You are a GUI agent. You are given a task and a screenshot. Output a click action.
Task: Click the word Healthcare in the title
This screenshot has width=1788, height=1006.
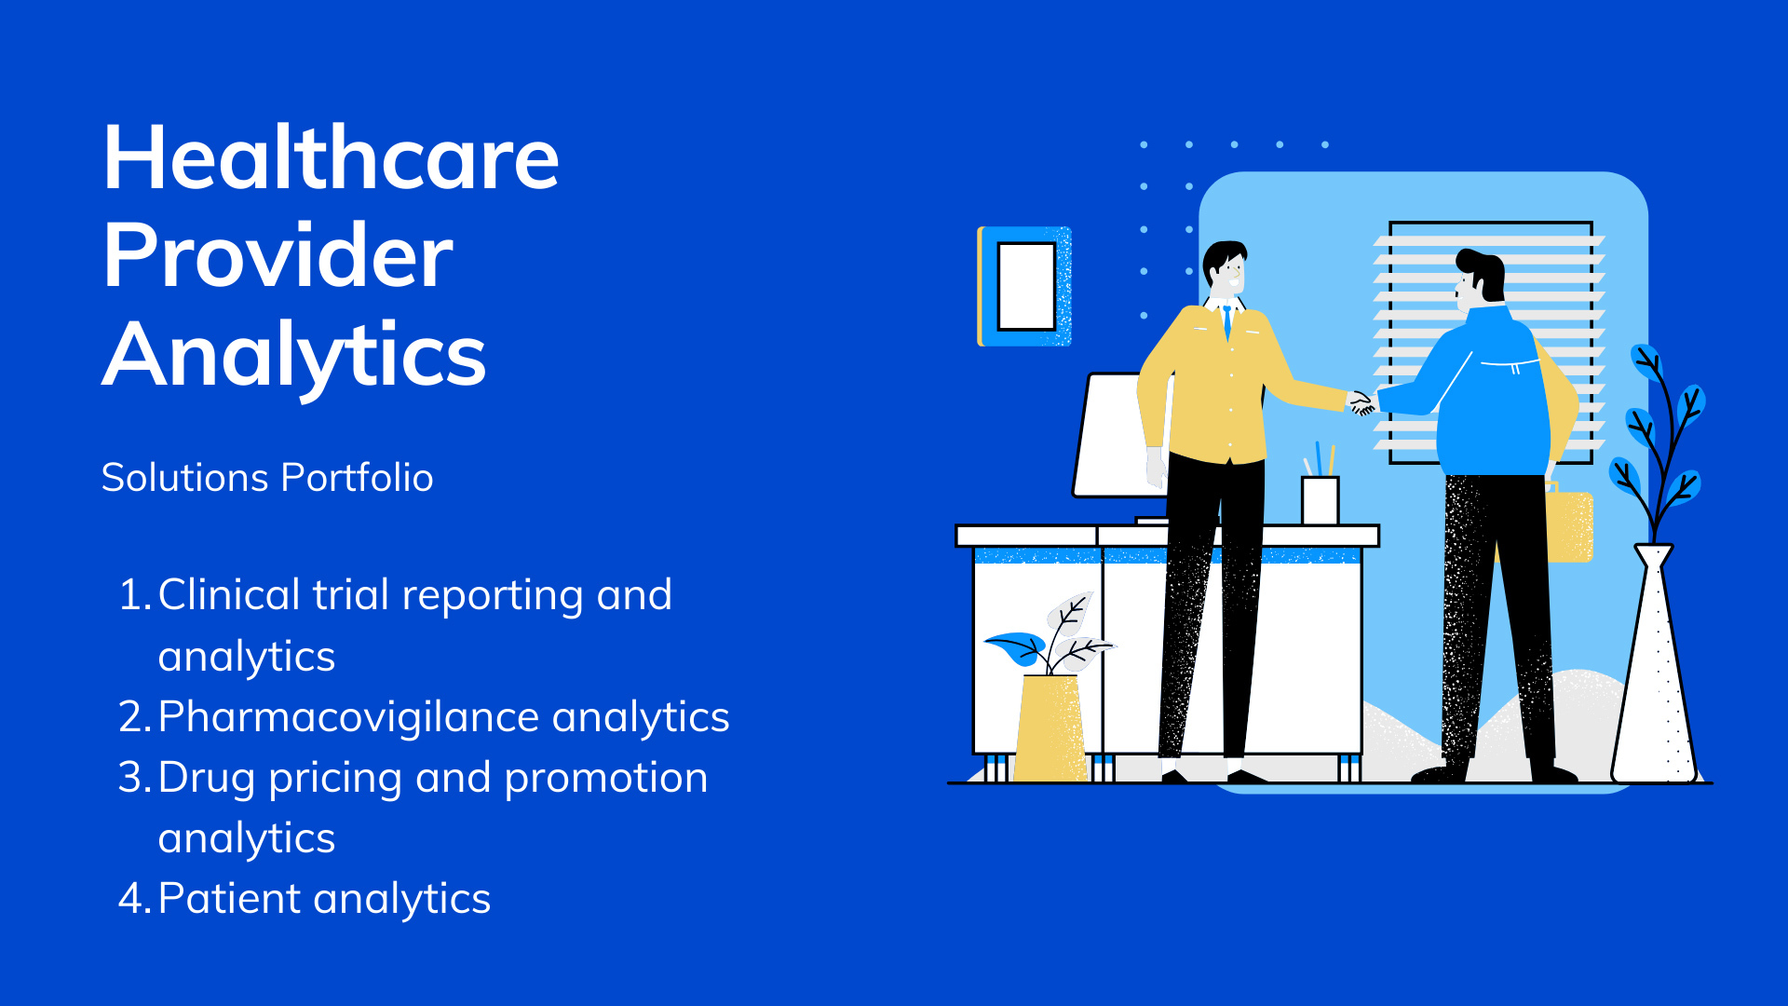(331, 157)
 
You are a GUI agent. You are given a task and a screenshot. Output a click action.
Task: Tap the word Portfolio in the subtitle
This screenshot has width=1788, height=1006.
(357, 478)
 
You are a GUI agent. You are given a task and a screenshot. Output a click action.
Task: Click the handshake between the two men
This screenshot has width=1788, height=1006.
(1361, 402)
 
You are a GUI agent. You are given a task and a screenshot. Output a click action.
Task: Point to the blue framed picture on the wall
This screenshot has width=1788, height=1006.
(1024, 286)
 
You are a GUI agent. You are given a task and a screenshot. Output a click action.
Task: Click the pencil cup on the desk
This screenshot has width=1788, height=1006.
(1320, 499)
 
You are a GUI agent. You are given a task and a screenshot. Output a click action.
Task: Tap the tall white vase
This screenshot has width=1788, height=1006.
(1655, 663)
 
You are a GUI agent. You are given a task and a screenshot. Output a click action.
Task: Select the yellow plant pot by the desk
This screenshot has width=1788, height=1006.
(1050, 727)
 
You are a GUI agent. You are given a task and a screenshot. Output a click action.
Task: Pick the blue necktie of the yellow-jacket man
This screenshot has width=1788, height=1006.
(1227, 320)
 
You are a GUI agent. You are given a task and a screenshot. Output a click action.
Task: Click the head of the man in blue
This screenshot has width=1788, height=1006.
(1480, 278)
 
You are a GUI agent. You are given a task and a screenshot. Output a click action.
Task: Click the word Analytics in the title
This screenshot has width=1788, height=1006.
(294, 356)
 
